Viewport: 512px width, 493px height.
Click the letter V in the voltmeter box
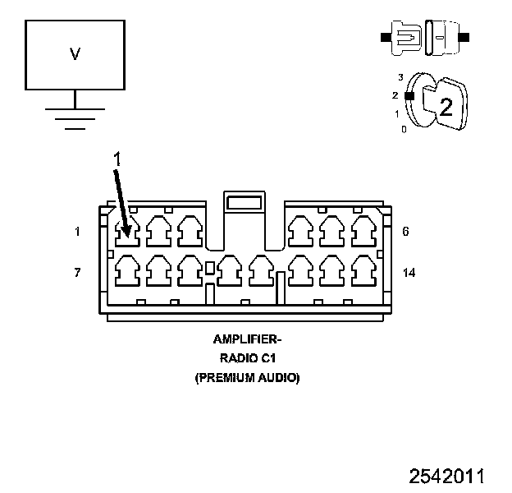(x=75, y=54)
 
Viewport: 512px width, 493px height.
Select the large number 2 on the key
(x=446, y=106)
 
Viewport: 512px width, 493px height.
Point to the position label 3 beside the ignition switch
(x=400, y=77)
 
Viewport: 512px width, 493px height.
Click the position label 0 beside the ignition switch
(x=403, y=129)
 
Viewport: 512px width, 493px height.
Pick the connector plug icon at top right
(x=423, y=38)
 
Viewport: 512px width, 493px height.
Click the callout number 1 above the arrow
(x=117, y=160)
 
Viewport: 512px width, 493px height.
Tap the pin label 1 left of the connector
(x=77, y=232)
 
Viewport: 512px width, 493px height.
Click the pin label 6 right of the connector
(x=405, y=232)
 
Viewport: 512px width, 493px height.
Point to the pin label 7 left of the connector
(x=77, y=272)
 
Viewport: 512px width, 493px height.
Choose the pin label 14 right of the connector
(x=409, y=272)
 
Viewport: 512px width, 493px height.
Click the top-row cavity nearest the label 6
(x=363, y=231)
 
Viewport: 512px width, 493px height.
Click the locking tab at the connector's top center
(x=243, y=203)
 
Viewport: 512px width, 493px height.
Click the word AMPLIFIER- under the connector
(x=246, y=339)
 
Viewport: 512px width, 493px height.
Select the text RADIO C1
(x=246, y=358)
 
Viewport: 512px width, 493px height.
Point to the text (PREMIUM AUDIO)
(x=246, y=378)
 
